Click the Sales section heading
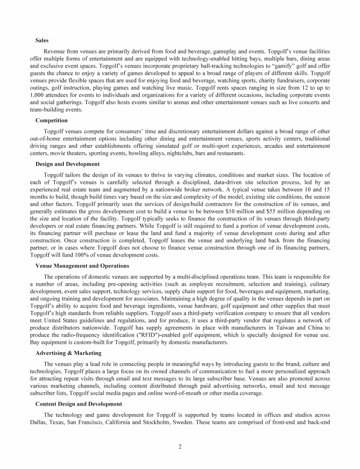coord(42,41)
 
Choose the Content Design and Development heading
coord(79,404)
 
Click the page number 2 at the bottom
coord(180,446)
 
